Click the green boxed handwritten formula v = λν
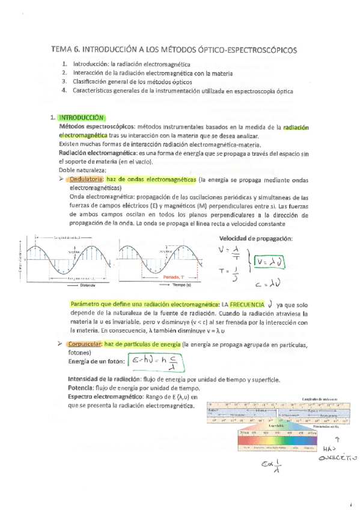269,262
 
